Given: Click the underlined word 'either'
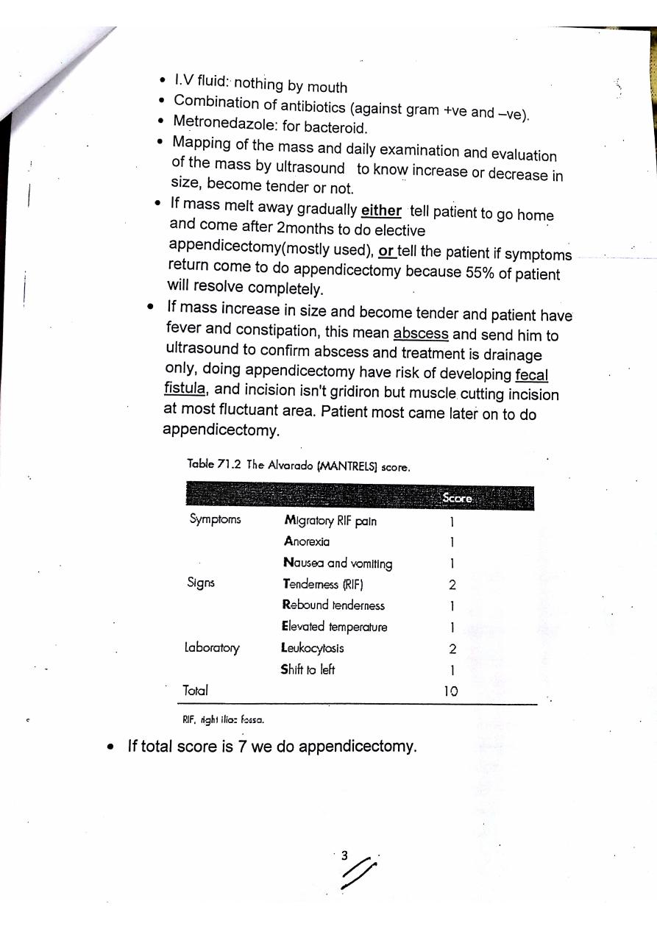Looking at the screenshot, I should pyautogui.click(x=381, y=211).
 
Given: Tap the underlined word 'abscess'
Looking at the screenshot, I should pyautogui.click(x=421, y=333).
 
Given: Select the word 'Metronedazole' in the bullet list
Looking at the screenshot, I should pyautogui.click(x=219, y=121).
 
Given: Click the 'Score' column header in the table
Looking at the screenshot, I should pyautogui.click(x=457, y=498).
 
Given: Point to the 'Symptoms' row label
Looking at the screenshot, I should pyautogui.click(x=214, y=519).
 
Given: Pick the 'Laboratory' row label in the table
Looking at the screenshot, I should pyautogui.click(x=212, y=648).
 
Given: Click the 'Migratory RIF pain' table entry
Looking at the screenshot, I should pyautogui.click(x=330, y=522).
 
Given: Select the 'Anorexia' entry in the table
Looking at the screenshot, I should pyautogui.click(x=307, y=541).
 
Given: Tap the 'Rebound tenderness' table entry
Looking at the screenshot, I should pyautogui.click(x=333, y=605).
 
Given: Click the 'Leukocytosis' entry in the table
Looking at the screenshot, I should pyautogui.click(x=313, y=648).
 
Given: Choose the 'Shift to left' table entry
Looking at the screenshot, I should pyautogui.click(x=308, y=669).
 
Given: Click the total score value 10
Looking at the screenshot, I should pyautogui.click(x=451, y=691).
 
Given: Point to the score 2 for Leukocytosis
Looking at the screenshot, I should pyautogui.click(x=452, y=649).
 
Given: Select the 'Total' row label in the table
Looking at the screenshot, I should pyautogui.click(x=195, y=691).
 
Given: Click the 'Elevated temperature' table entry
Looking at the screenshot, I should pyautogui.click(x=335, y=627).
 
